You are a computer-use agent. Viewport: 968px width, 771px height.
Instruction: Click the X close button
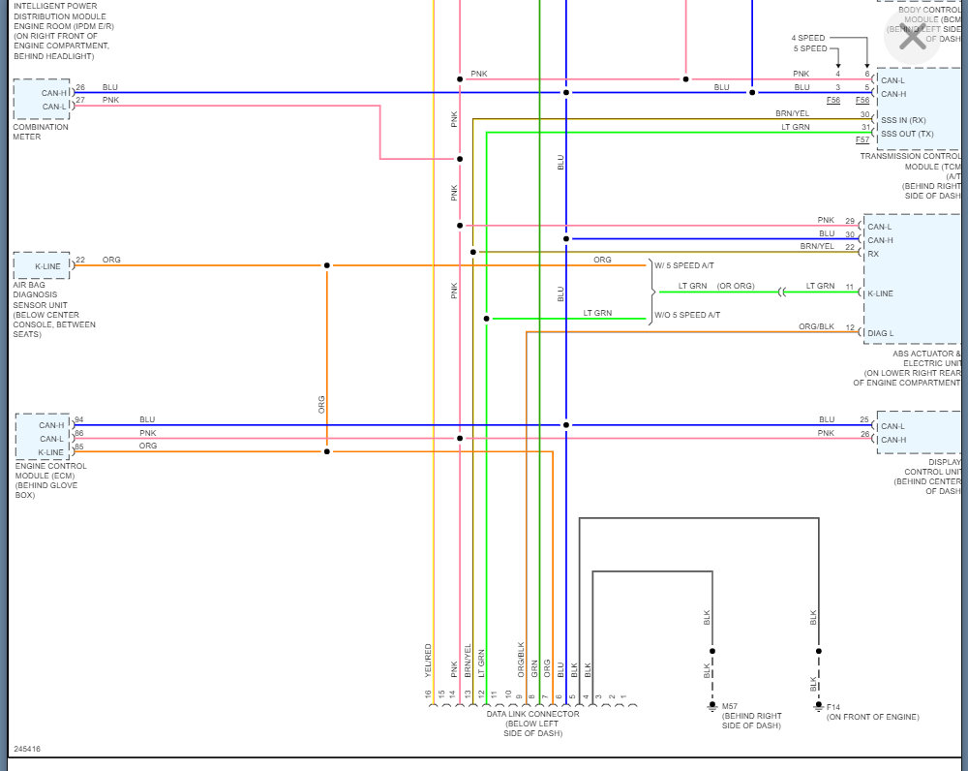tap(912, 39)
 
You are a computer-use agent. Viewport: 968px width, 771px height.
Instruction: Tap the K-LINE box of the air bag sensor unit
tap(42, 265)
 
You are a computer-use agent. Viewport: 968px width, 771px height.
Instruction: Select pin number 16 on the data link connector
tap(427, 694)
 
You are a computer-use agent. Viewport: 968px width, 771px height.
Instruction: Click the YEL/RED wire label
tap(428, 661)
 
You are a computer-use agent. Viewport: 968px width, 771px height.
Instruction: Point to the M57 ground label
tap(730, 706)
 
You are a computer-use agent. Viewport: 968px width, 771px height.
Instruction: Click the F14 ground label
tap(834, 706)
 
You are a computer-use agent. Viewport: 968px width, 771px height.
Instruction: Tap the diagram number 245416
tap(27, 749)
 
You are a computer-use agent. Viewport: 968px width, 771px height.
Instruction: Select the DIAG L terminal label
tap(881, 333)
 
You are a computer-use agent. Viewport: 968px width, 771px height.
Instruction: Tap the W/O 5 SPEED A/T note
tap(687, 316)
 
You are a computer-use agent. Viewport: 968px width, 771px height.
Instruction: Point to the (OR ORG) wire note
tap(736, 286)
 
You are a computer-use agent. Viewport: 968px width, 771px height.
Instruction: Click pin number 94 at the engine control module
tap(79, 419)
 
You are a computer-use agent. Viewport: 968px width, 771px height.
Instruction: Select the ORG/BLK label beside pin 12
tap(816, 326)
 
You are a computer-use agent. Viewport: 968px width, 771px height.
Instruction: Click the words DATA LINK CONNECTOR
tap(532, 714)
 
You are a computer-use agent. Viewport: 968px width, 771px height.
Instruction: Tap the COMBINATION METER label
tap(41, 132)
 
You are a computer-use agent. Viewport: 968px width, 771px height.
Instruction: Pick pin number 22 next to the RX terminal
tap(849, 248)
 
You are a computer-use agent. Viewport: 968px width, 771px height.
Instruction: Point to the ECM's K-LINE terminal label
tap(51, 451)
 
